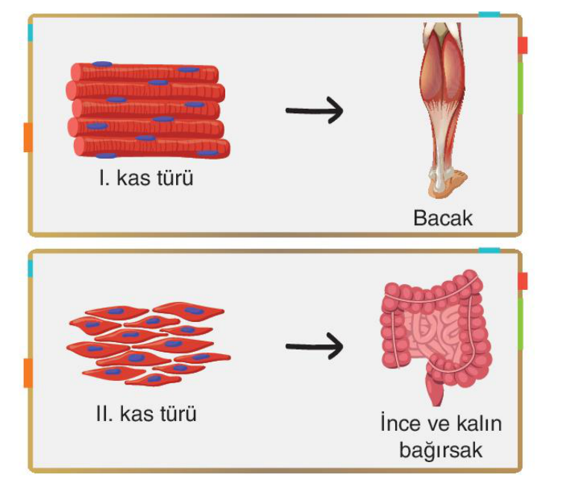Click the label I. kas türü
click(146, 178)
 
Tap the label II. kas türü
click(146, 414)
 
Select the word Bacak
click(443, 218)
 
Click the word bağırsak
click(441, 450)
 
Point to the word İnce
click(400, 423)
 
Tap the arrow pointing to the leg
click(314, 110)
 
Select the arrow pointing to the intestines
click(314, 346)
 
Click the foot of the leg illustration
click(447, 183)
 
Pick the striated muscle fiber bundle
click(148, 110)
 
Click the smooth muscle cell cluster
click(148, 344)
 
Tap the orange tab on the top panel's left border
click(28, 137)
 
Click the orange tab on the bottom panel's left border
click(28, 373)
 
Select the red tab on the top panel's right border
click(523, 45)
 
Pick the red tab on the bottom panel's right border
click(523, 281)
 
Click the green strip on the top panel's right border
click(521, 88)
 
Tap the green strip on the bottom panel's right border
click(521, 324)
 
